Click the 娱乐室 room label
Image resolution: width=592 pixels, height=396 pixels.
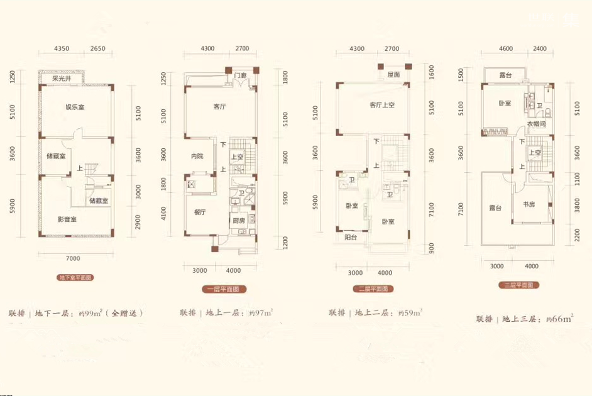75,107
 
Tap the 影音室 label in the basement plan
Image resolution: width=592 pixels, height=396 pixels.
66,219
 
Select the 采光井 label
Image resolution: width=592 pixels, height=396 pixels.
63,79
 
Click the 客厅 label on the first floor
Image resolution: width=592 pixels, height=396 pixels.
219,107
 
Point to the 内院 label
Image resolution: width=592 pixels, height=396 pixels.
198,157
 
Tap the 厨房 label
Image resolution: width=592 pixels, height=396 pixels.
239,221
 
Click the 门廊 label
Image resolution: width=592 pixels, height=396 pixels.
240,77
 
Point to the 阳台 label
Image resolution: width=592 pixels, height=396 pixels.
351,238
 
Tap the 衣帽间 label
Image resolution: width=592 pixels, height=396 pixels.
536,124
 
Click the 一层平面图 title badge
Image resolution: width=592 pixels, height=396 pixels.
224,289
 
